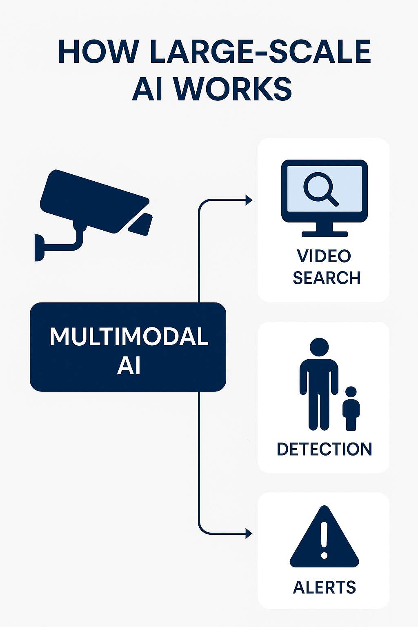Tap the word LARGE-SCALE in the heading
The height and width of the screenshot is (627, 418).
(260, 52)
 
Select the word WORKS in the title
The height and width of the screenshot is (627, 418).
(233, 89)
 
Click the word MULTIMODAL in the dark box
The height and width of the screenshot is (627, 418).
(129, 336)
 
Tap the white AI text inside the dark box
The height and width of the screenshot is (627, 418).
(129, 366)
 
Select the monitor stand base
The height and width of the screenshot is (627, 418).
(325, 234)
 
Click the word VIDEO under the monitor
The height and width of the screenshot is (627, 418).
(324, 256)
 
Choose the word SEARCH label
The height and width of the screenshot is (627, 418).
(327, 278)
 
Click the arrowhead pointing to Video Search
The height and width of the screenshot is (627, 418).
(249, 200)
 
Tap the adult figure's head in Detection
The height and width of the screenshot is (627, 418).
(319, 347)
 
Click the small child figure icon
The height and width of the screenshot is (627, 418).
(351, 408)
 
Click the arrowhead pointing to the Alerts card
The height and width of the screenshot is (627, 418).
(249, 534)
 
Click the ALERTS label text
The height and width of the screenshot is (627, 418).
(324, 587)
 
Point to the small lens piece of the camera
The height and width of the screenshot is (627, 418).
(140, 224)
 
